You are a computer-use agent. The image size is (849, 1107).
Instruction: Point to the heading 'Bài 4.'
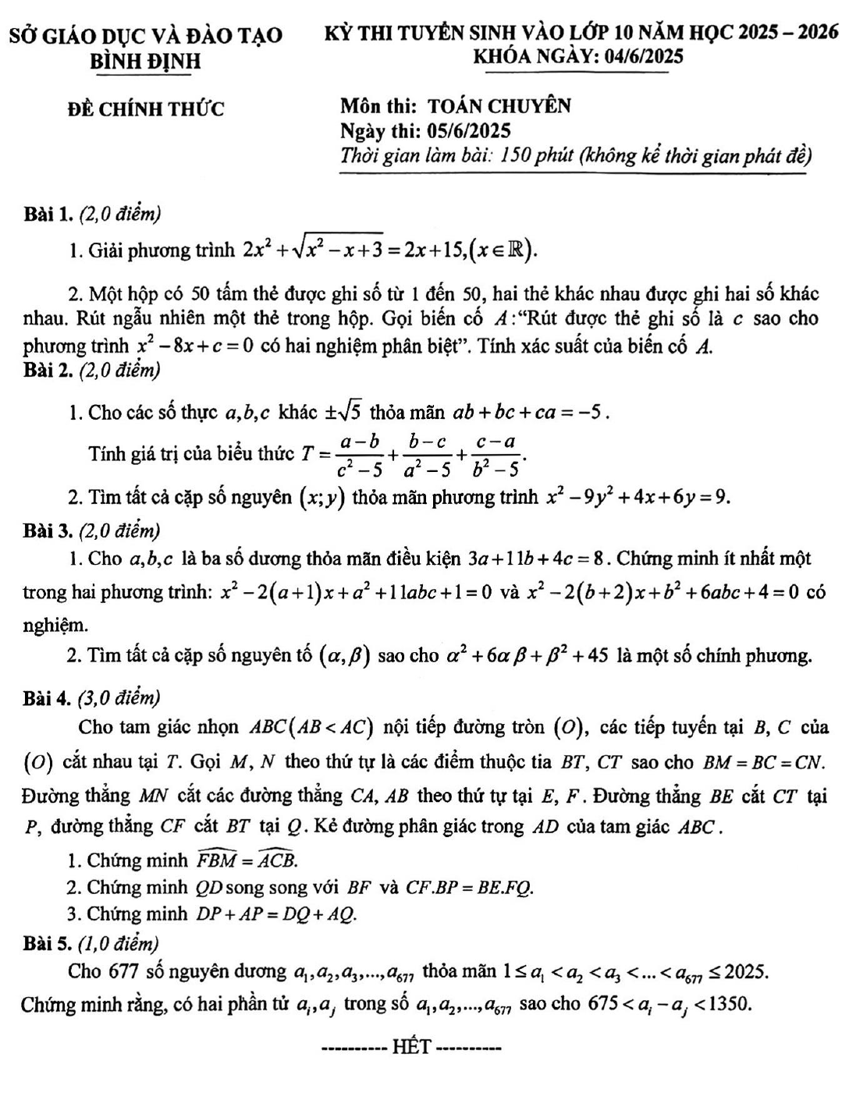[x=48, y=697]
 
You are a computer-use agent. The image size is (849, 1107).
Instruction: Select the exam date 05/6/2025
[x=467, y=130]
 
